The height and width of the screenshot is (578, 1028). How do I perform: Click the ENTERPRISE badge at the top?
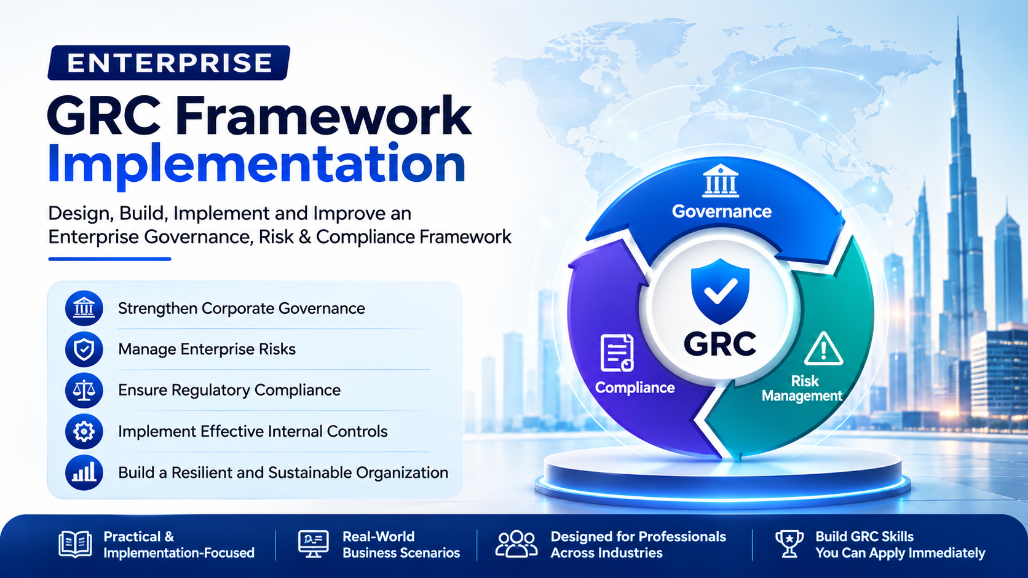point(169,63)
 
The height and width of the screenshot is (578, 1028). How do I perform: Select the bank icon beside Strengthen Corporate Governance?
point(84,308)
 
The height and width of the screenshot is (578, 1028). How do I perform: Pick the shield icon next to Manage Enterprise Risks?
point(84,350)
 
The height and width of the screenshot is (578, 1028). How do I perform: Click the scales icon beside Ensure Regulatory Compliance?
point(84,391)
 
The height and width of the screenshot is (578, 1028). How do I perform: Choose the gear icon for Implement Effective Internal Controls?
point(84,431)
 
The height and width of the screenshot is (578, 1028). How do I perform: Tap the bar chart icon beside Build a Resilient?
point(84,472)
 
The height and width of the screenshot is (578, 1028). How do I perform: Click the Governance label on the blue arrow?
point(721,211)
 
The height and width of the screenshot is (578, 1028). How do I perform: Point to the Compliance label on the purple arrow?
point(635,388)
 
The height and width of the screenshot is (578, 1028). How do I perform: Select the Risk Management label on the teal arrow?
point(802,388)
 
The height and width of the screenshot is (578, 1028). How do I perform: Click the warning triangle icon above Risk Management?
point(824,349)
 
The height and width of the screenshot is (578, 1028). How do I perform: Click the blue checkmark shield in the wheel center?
point(720,291)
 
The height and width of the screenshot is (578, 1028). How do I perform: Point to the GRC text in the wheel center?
point(719,344)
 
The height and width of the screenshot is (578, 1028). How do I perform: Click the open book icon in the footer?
point(75,544)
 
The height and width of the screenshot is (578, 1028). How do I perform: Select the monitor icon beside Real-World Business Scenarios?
point(313,544)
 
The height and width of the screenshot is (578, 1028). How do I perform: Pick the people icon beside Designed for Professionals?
point(516,544)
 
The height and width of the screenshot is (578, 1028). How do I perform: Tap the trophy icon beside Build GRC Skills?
point(789,544)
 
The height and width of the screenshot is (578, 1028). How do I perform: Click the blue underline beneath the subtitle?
point(109,259)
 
